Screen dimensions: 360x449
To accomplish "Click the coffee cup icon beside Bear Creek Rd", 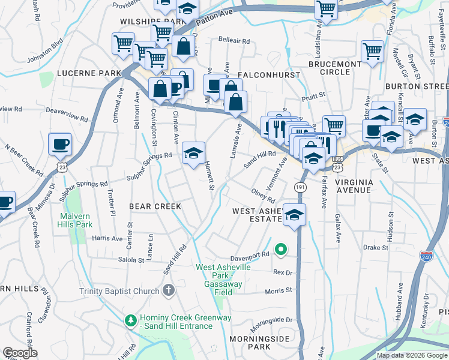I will pos(59,145).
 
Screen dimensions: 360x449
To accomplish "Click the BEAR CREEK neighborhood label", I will pos(155,206).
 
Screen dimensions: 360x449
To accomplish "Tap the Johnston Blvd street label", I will pos(46,52).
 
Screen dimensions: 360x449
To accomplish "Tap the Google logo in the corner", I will pos(20,353).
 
